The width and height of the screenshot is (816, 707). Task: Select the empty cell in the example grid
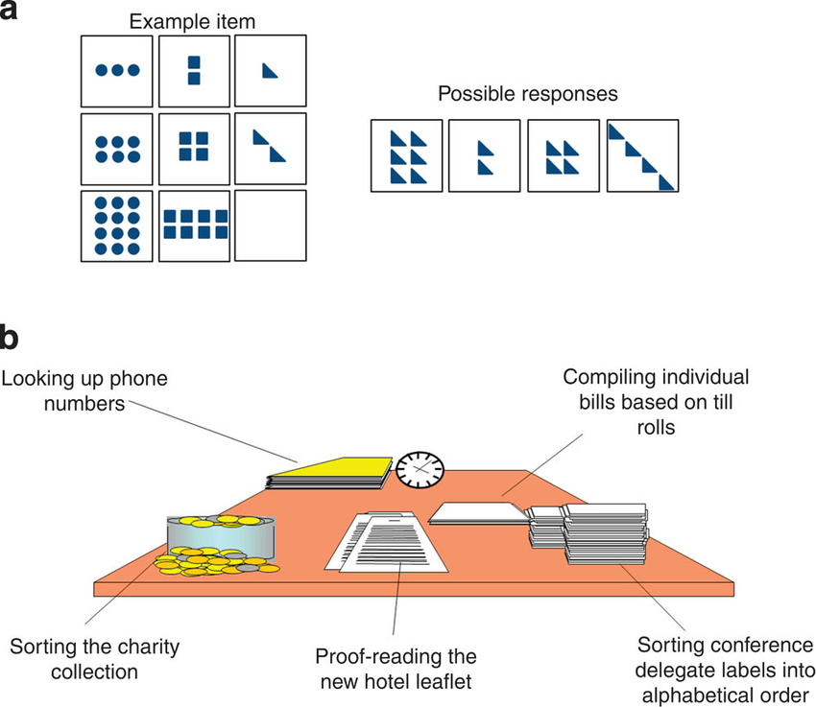(271, 225)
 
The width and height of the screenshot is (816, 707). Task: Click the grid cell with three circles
(117, 70)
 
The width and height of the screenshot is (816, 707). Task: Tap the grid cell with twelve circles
(117, 225)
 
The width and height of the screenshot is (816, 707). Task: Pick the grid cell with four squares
(194, 147)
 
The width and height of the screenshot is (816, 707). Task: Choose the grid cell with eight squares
(194, 225)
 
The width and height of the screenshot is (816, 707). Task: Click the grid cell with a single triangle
(271, 70)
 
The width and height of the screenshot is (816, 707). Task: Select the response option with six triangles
(407, 155)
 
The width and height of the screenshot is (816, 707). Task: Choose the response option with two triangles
(485, 155)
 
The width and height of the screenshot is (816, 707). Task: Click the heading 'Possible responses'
(527, 94)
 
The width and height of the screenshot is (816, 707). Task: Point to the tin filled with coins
(221, 539)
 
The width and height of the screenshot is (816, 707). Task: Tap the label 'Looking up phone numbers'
(84, 391)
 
